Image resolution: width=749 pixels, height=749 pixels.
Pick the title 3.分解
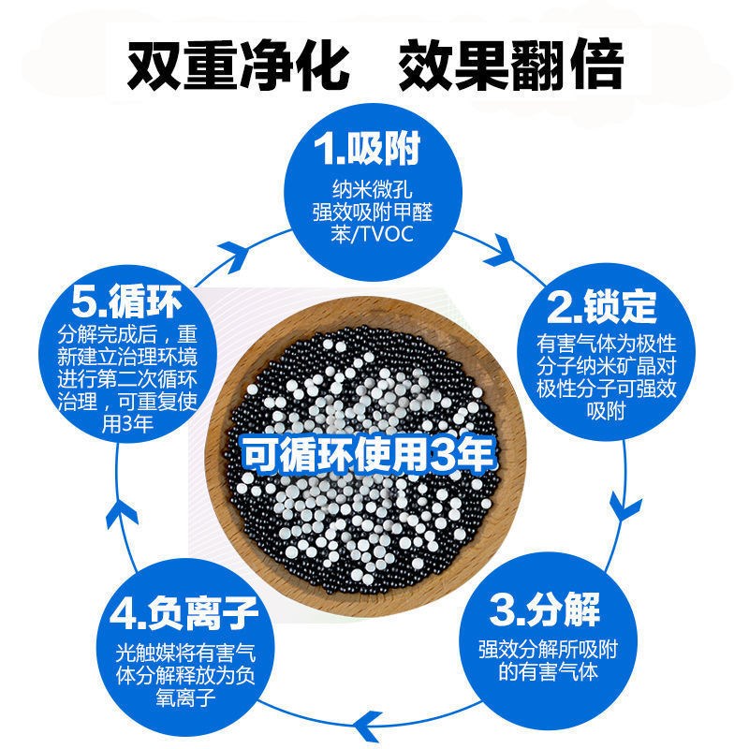coord(543,612)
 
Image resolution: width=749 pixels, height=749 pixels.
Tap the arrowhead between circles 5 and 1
coord(245,245)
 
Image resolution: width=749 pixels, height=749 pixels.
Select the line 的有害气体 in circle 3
coord(542,671)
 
